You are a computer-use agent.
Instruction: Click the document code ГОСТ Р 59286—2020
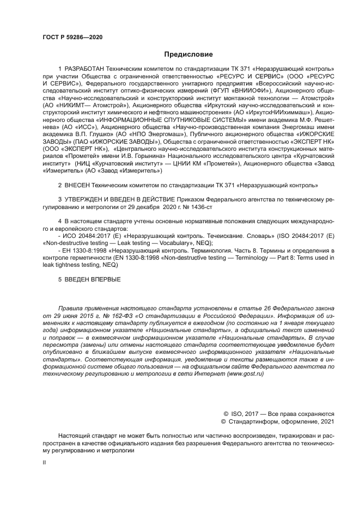(x=72, y=38)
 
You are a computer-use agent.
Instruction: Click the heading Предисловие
(x=184, y=54)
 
